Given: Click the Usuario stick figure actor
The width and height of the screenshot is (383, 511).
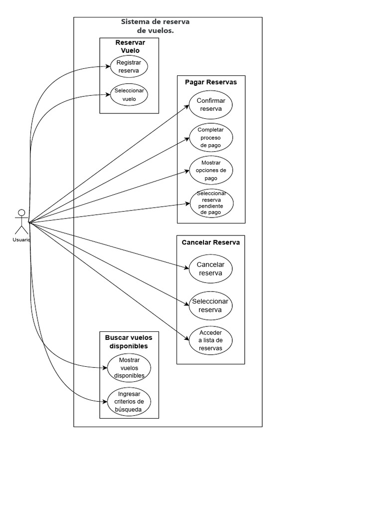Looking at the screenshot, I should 21,222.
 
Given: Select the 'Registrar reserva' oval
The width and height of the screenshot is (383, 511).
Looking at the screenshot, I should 129,67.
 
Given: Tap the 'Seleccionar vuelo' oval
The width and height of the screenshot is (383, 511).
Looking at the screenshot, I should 129,95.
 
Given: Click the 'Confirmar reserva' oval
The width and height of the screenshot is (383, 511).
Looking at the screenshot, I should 211,105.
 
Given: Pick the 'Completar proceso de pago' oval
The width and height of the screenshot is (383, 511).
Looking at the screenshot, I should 211,138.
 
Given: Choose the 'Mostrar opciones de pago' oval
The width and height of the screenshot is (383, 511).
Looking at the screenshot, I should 211,170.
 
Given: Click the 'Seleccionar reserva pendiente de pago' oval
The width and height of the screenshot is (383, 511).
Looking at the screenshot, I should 211,203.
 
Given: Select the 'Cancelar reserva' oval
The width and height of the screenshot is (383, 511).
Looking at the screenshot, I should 211,268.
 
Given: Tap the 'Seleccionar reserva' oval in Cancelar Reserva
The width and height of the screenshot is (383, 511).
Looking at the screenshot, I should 210,305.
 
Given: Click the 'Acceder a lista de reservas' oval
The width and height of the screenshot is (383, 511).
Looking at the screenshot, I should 210,340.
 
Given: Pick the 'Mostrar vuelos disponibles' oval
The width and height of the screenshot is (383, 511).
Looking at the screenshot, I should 129,368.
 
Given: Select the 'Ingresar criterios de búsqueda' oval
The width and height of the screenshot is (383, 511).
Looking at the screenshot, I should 129,402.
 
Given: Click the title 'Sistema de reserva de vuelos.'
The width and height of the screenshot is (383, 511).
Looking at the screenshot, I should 155,26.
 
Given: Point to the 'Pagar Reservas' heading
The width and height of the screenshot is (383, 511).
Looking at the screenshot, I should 211,82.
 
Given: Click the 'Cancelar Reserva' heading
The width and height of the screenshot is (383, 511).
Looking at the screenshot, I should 210,243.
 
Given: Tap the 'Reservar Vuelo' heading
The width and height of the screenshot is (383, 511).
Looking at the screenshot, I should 130,46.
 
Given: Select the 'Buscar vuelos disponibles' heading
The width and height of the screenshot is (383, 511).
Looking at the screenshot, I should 129,342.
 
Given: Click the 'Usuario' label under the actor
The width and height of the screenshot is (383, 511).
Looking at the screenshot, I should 21,240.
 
